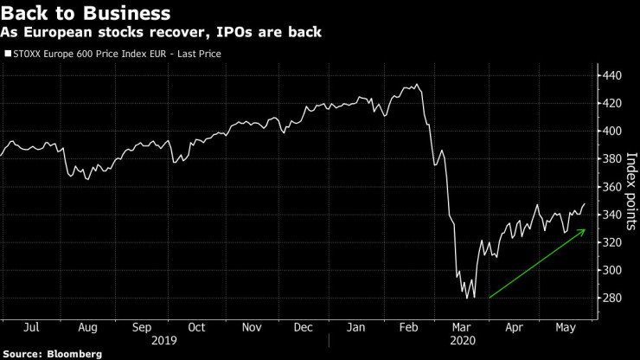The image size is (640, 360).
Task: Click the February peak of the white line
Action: coord(419,85)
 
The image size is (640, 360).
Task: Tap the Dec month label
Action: coord(304,328)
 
